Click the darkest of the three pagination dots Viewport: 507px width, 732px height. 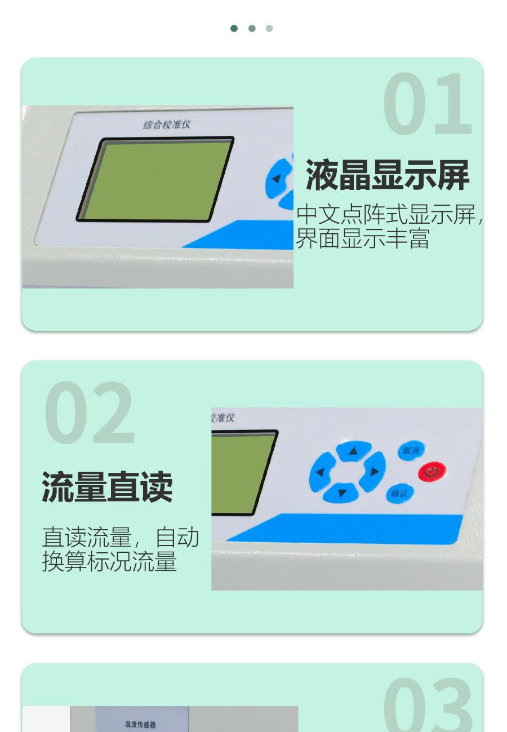(x=234, y=28)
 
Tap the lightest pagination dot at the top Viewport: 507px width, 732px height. (x=269, y=28)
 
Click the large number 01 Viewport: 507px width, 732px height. (x=428, y=104)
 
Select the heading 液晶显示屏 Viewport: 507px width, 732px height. (x=388, y=175)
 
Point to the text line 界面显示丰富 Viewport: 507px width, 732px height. (x=362, y=238)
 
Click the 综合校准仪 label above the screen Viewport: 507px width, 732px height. (x=167, y=125)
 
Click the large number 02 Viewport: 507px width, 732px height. (x=89, y=412)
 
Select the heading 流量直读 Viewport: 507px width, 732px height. (x=107, y=487)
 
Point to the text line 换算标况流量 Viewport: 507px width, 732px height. (x=109, y=561)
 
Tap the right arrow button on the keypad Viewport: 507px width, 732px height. (x=373, y=472)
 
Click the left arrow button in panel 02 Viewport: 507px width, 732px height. (x=321, y=472)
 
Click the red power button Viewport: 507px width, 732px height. (x=432, y=472)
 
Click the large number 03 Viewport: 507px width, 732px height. (x=428, y=704)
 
